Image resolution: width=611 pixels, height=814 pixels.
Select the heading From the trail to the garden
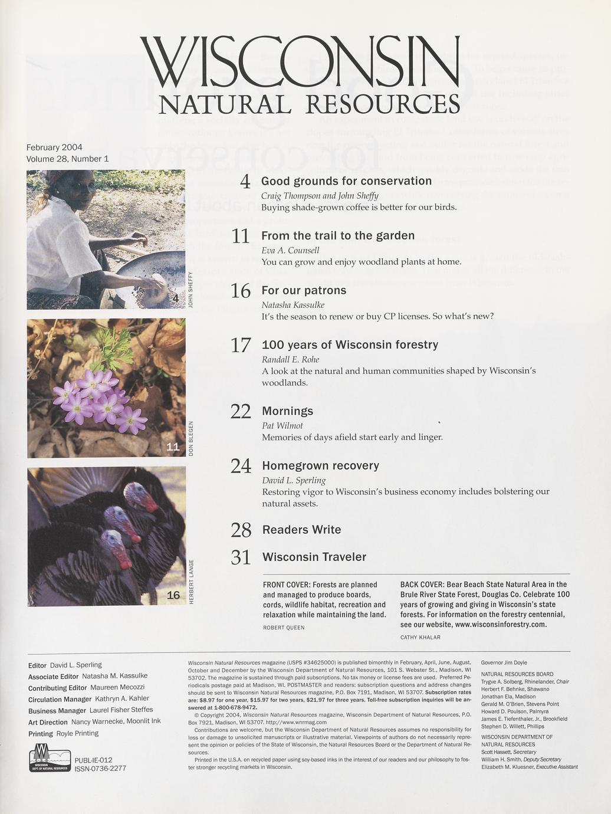coord(338,236)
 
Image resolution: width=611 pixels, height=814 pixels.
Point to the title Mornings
coord(287,411)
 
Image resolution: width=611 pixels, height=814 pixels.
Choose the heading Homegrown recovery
coord(320,465)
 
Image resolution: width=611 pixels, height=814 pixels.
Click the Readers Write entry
coord(301,530)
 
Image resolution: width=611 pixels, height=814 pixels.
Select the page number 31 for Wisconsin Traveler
coord(241,557)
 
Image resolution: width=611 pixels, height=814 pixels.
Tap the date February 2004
coord(54,147)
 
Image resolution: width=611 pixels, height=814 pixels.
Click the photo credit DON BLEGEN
coord(190,438)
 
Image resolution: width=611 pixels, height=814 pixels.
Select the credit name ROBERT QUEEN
coord(284,628)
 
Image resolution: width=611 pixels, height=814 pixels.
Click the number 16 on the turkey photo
coord(173,595)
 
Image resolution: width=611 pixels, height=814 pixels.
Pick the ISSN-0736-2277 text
coord(100,769)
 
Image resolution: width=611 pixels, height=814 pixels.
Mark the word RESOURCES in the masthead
coord(383,104)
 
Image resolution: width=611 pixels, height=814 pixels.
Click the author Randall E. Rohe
coord(290,360)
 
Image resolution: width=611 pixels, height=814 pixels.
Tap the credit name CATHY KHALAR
coord(420,638)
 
